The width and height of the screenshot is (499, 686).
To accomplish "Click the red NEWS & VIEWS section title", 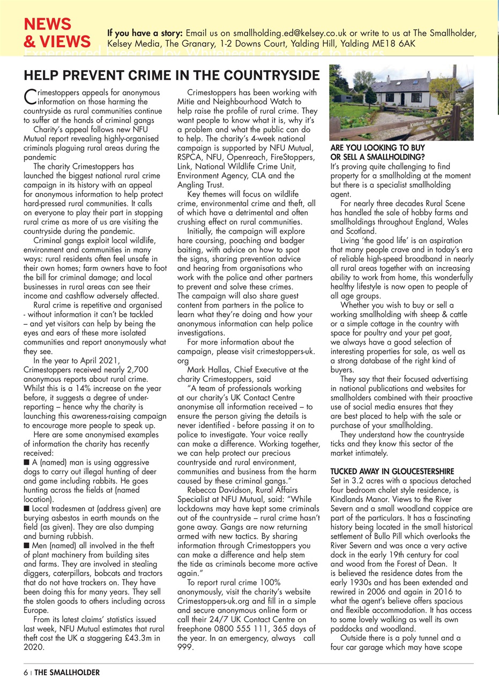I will [x=56, y=33].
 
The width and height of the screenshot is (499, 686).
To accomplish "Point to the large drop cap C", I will [x=29, y=97].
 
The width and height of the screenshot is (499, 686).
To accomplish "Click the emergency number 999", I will [x=185, y=647].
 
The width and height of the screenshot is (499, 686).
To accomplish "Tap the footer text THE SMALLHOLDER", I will [x=67, y=672].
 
